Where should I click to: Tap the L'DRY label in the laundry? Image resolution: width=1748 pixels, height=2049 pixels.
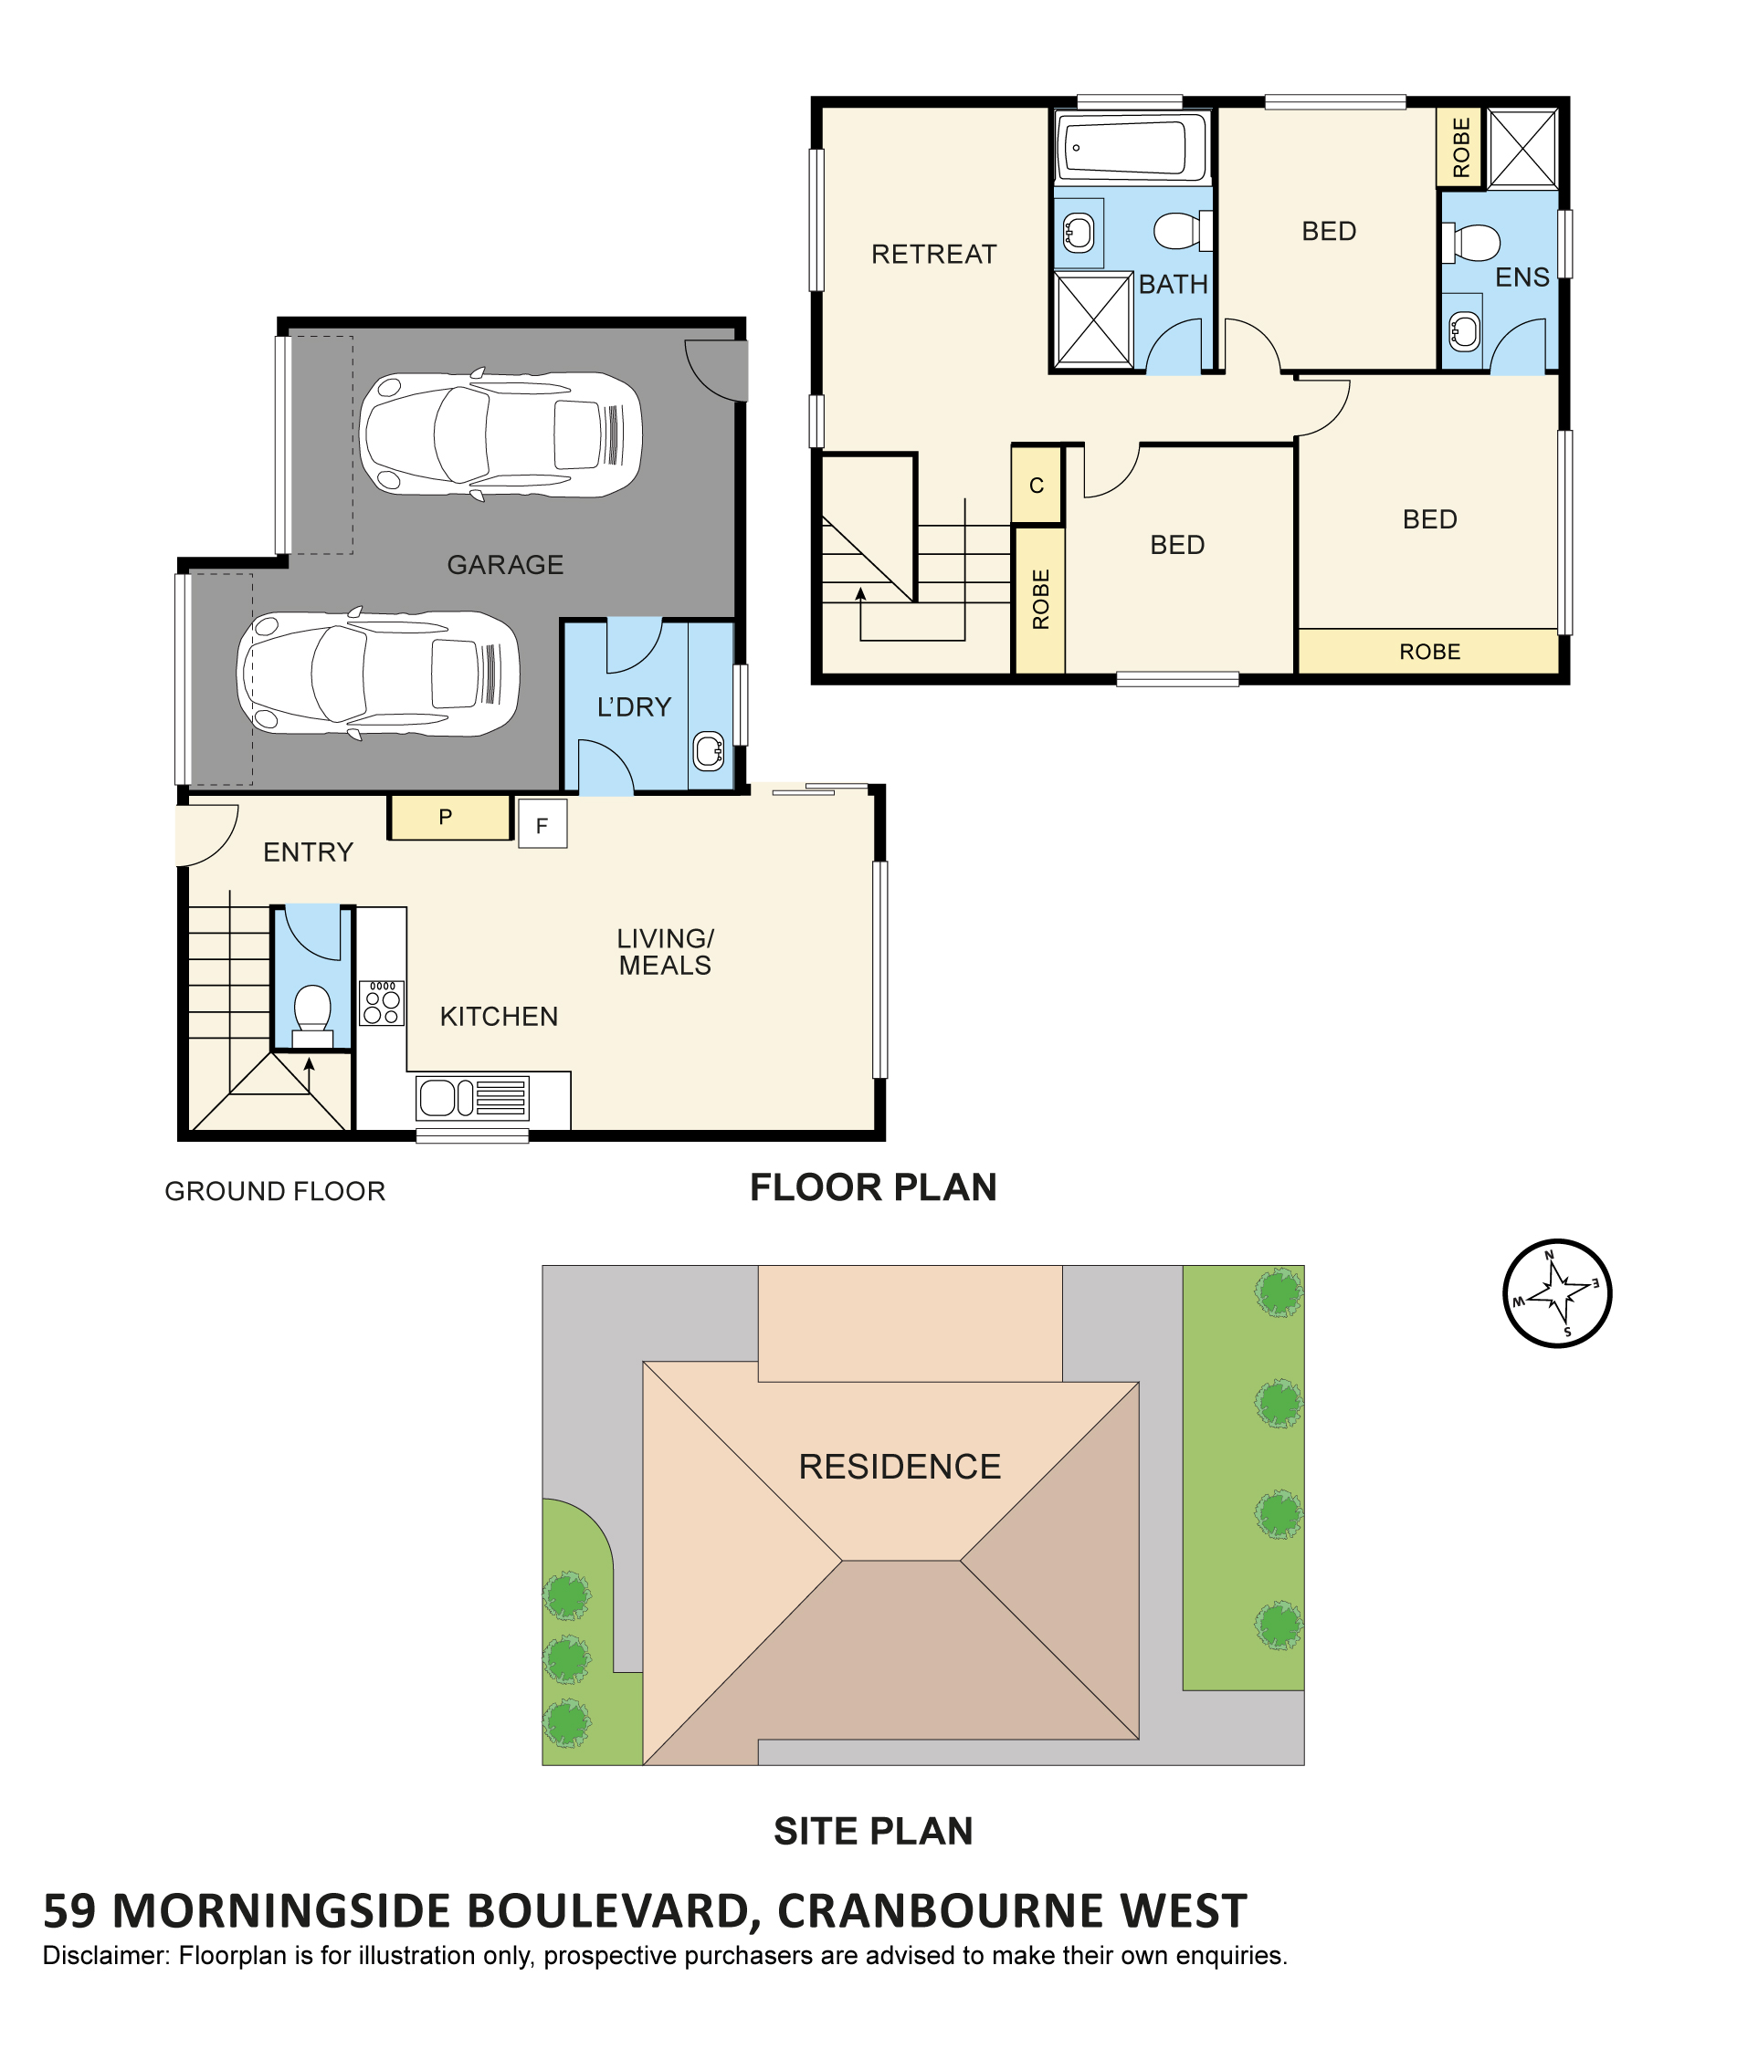[x=634, y=707]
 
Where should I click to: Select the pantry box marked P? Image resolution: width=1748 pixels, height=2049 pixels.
[x=449, y=818]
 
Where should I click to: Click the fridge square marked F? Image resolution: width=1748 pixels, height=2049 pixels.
[x=542, y=825]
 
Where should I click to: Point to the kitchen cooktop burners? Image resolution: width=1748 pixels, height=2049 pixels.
[x=381, y=1003]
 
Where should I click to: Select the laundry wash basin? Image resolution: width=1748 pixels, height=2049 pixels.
[x=709, y=751]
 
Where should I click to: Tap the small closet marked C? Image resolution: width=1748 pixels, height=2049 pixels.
[x=1037, y=485]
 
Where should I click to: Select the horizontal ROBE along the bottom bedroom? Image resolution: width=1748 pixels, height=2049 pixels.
[x=1428, y=652]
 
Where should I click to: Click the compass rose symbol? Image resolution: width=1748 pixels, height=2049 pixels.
[x=1557, y=1292]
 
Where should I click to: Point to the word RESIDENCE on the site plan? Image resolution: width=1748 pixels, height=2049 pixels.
[x=900, y=1467]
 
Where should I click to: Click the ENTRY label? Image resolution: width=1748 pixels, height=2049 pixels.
[x=308, y=852]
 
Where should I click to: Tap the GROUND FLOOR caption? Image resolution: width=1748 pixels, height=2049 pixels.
[x=275, y=1192]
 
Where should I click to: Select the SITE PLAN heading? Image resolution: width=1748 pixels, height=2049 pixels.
[x=873, y=1832]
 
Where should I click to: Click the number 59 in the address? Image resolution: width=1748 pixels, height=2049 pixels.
[x=70, y=1911]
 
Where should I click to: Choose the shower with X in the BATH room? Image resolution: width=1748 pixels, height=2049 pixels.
[x=1094, y=320]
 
